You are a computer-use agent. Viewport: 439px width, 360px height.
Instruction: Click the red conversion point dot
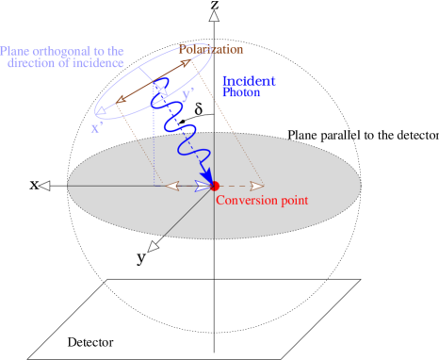click(x=215, y=186)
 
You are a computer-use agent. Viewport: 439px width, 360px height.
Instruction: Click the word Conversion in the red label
click(x=243, y=201)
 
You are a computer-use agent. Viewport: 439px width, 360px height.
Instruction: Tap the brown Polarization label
click(x=211, y=49)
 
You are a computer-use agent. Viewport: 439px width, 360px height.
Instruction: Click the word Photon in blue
click(x=241, y=93)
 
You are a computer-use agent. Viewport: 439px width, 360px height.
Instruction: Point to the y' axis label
click(x=187, y=94)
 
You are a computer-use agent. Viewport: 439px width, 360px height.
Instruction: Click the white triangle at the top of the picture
click(x=214, y=16)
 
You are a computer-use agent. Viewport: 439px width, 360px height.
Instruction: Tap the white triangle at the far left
click(x=44, y=186)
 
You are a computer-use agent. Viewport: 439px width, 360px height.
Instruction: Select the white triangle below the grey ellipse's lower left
click(x=154, y=247)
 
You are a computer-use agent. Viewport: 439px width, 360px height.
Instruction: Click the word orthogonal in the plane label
click(x=62, y=51)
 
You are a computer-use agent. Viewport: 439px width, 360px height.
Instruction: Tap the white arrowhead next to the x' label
click(x=101, y=111)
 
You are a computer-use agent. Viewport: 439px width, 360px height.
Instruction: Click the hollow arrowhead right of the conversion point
click(x=256, y=186)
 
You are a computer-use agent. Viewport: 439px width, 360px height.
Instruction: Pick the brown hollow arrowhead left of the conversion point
click(x=172, y=186)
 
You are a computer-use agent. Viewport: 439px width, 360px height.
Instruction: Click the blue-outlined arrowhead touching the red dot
click(x=202, y=186)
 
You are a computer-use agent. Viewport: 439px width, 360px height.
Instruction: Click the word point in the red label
click(x=291, y=201)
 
